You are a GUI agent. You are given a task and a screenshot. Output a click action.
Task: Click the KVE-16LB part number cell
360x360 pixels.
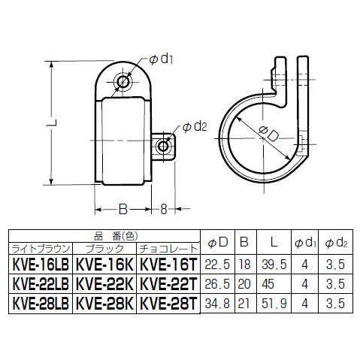click(41, 265)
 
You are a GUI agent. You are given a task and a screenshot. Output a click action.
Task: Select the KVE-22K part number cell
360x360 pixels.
click(104, 284)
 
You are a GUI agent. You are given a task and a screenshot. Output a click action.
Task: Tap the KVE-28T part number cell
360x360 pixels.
click(168, 304)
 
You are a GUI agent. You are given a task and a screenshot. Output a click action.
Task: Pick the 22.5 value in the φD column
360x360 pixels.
click(217, 265)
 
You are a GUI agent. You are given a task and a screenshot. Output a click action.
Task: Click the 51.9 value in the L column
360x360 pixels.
click(274, 304)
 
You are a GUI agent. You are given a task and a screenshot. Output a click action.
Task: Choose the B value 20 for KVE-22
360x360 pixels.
click(244, 284)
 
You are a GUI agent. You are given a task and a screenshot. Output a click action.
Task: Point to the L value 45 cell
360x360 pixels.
click(268, 284)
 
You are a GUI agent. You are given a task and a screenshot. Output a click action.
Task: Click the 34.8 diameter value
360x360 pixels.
click(217, 304)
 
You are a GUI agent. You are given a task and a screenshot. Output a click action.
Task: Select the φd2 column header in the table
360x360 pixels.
click(336, 243)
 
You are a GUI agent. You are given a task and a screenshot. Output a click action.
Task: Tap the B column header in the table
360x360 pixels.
click(244, 242)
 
